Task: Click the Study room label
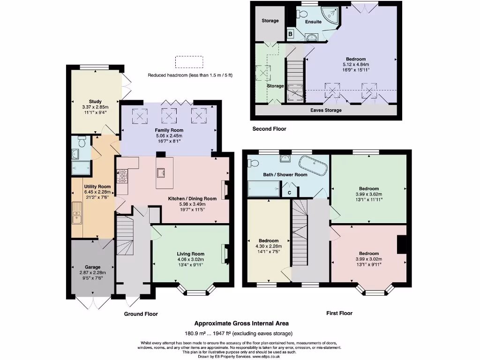(95, 101)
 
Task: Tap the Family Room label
(169, 130)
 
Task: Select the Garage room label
(92, 267)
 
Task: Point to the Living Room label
(190, 254)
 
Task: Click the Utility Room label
(97, 187)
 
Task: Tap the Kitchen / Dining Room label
(192, 199)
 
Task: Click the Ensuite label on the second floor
(313, 22)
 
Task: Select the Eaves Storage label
(326, 110)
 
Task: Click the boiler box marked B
(290, 34)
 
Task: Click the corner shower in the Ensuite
(330, 15)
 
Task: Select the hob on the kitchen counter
(122, 177)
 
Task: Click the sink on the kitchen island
(161, 173)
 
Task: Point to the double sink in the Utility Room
(77, 213)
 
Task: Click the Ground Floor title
(141, 314)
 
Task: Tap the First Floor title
(339, 313)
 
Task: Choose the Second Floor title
(269, 129)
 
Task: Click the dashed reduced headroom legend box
(189, 62)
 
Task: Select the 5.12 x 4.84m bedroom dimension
(356, 65)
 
